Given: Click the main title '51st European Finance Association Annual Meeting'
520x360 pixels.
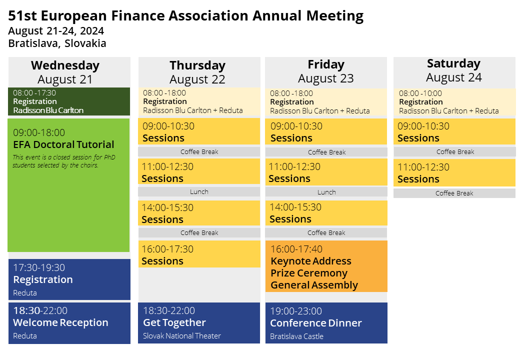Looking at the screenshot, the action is [185, 16].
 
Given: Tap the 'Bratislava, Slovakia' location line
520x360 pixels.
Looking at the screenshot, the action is [57, 43].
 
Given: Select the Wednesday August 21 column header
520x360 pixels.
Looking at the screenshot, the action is [65, 72].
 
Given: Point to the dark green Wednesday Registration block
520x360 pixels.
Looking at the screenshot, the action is [69, 101].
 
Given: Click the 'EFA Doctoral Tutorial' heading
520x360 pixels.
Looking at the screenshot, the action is [63, 144].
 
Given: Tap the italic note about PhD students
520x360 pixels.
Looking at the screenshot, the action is [63, 161].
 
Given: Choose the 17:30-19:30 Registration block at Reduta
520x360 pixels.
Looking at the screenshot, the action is [69, 279].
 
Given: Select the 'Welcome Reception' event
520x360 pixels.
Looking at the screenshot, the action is [60, 322].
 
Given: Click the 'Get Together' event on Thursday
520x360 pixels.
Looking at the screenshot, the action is [174, 322].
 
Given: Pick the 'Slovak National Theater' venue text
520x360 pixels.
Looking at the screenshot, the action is [181, 336].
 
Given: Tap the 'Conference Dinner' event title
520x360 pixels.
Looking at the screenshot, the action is [315, 323].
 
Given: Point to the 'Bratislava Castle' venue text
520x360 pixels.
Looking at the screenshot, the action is [296, 336].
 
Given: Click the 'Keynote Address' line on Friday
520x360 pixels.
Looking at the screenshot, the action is [310, 261].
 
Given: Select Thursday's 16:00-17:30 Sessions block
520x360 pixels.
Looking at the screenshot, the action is [199, 254].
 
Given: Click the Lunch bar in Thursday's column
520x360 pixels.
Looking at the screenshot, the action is [199, 191].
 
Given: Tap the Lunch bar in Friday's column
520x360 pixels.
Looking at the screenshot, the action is [326, 192].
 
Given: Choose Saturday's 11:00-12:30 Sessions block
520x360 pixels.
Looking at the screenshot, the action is [454, 172].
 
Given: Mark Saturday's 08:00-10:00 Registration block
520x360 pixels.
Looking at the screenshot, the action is [454, 102].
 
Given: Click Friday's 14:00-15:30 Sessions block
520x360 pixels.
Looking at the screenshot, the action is [326, 213].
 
